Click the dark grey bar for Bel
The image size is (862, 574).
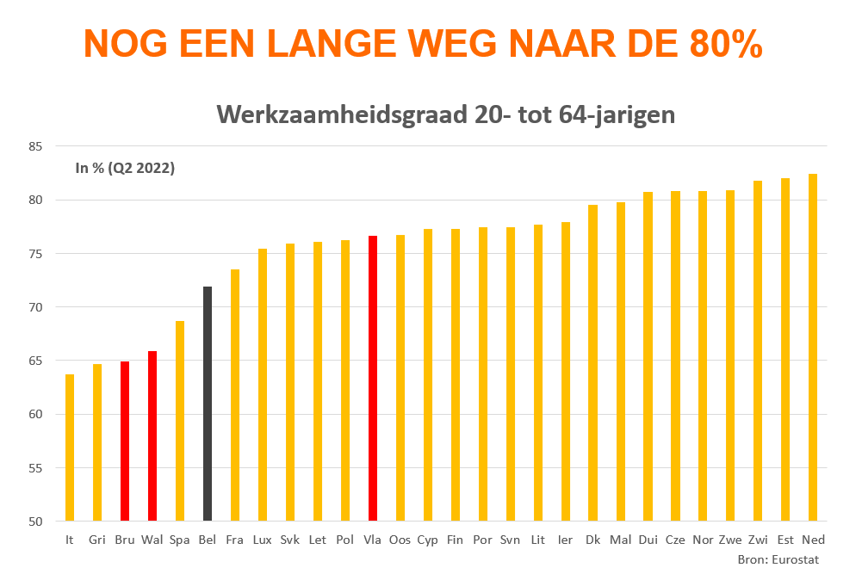(208, 404)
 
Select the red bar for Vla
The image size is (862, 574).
(373, 379)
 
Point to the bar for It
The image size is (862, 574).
(70, 447)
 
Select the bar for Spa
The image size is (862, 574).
(180, 421)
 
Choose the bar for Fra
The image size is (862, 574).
(235, 395)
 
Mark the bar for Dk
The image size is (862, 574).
(592, 362)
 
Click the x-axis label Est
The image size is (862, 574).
(784, 540)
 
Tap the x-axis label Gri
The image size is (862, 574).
(97, 540)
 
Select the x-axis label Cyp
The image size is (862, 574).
(427, 540)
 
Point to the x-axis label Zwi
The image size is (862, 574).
(758, 540)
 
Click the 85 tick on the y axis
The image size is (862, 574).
(34, 146)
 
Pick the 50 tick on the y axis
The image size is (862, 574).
(34, 522)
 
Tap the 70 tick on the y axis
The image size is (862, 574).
(34, 307)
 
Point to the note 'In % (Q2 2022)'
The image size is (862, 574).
(125, 169)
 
